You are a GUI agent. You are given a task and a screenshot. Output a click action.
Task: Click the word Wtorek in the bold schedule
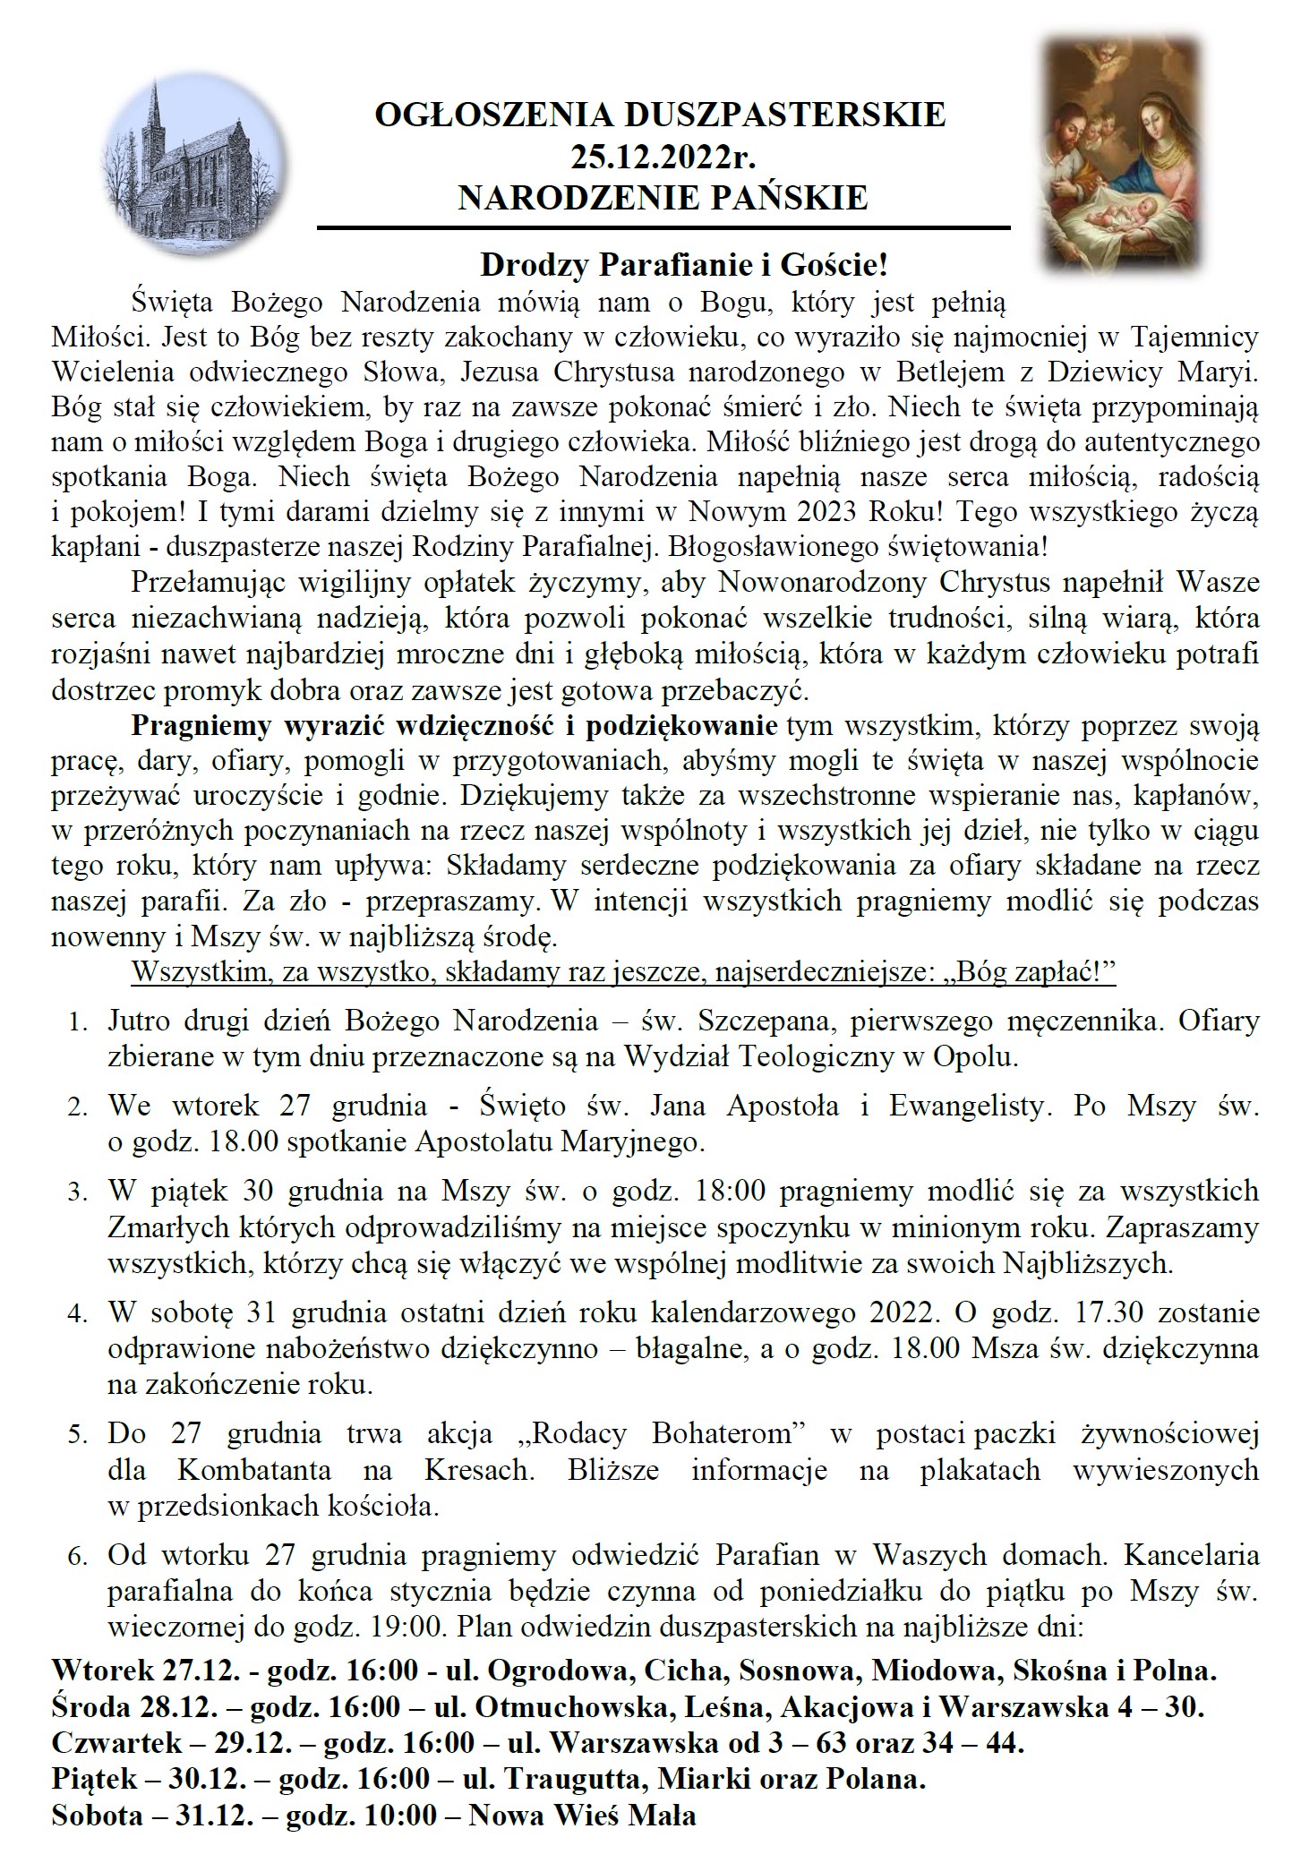pos(103,1671)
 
